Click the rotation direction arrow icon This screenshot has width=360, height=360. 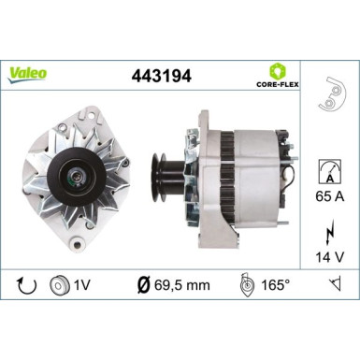pyautogui.click(x=24, y=282)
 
